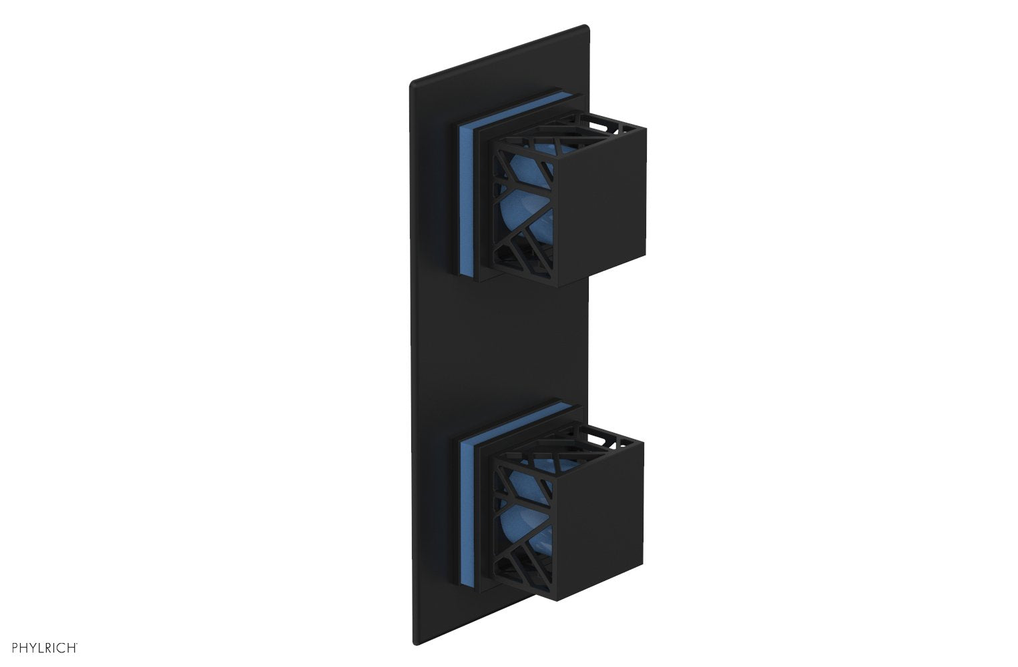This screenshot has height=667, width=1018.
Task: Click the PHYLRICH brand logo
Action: click(x=41, y=646)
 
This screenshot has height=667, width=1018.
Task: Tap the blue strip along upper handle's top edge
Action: click(x=527, y=107)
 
